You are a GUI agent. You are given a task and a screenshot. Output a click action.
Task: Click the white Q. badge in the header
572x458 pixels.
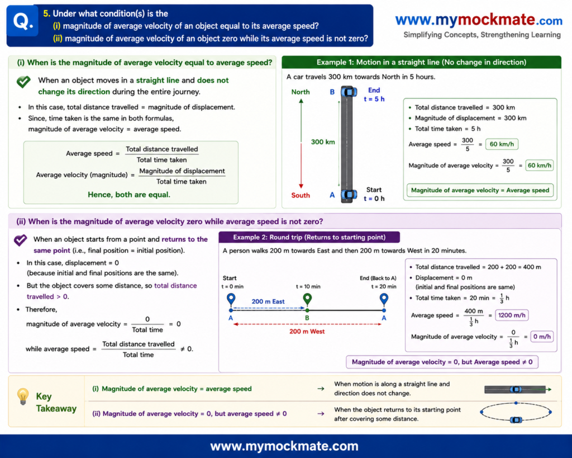(x=22, y=21)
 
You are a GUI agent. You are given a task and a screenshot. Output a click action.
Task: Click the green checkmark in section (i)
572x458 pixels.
(x=23, y=82)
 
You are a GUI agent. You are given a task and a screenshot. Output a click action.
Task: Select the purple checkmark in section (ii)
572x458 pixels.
(x=21, y=240)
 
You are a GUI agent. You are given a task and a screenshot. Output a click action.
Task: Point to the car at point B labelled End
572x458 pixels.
(x=349, y=91)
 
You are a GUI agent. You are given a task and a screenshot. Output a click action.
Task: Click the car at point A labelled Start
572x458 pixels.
(x=349, y=195)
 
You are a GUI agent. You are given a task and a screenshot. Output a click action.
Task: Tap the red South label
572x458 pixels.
(x=301, y=195)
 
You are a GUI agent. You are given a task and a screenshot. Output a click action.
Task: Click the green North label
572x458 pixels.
(x=301, y=92)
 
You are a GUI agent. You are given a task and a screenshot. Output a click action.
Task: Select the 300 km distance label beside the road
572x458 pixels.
(x=323, y=141)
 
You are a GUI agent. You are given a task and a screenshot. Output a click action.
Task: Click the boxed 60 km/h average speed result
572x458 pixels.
(x=502, y=144)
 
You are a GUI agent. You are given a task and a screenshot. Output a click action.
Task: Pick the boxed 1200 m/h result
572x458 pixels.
(x=512, y=315)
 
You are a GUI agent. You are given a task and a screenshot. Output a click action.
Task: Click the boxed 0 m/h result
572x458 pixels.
(x=542, y=337)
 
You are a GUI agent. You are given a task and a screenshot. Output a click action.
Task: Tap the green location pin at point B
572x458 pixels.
(x=308, y=300)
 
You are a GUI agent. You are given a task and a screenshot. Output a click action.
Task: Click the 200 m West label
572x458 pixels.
(x=307, y=332)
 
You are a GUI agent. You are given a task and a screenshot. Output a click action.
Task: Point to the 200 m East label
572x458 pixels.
(x=268, y=301)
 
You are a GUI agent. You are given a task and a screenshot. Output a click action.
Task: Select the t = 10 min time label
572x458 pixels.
(x=308, y=287)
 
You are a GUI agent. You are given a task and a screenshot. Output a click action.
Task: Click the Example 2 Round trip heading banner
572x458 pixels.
(x=309, y=238)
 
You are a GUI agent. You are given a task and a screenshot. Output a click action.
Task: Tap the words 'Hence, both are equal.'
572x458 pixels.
(x=129, y=195)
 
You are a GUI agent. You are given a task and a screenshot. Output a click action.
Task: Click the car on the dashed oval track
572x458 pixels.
(x=516, y=419)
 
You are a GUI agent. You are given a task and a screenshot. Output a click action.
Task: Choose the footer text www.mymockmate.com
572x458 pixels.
(x=284, y=446)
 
